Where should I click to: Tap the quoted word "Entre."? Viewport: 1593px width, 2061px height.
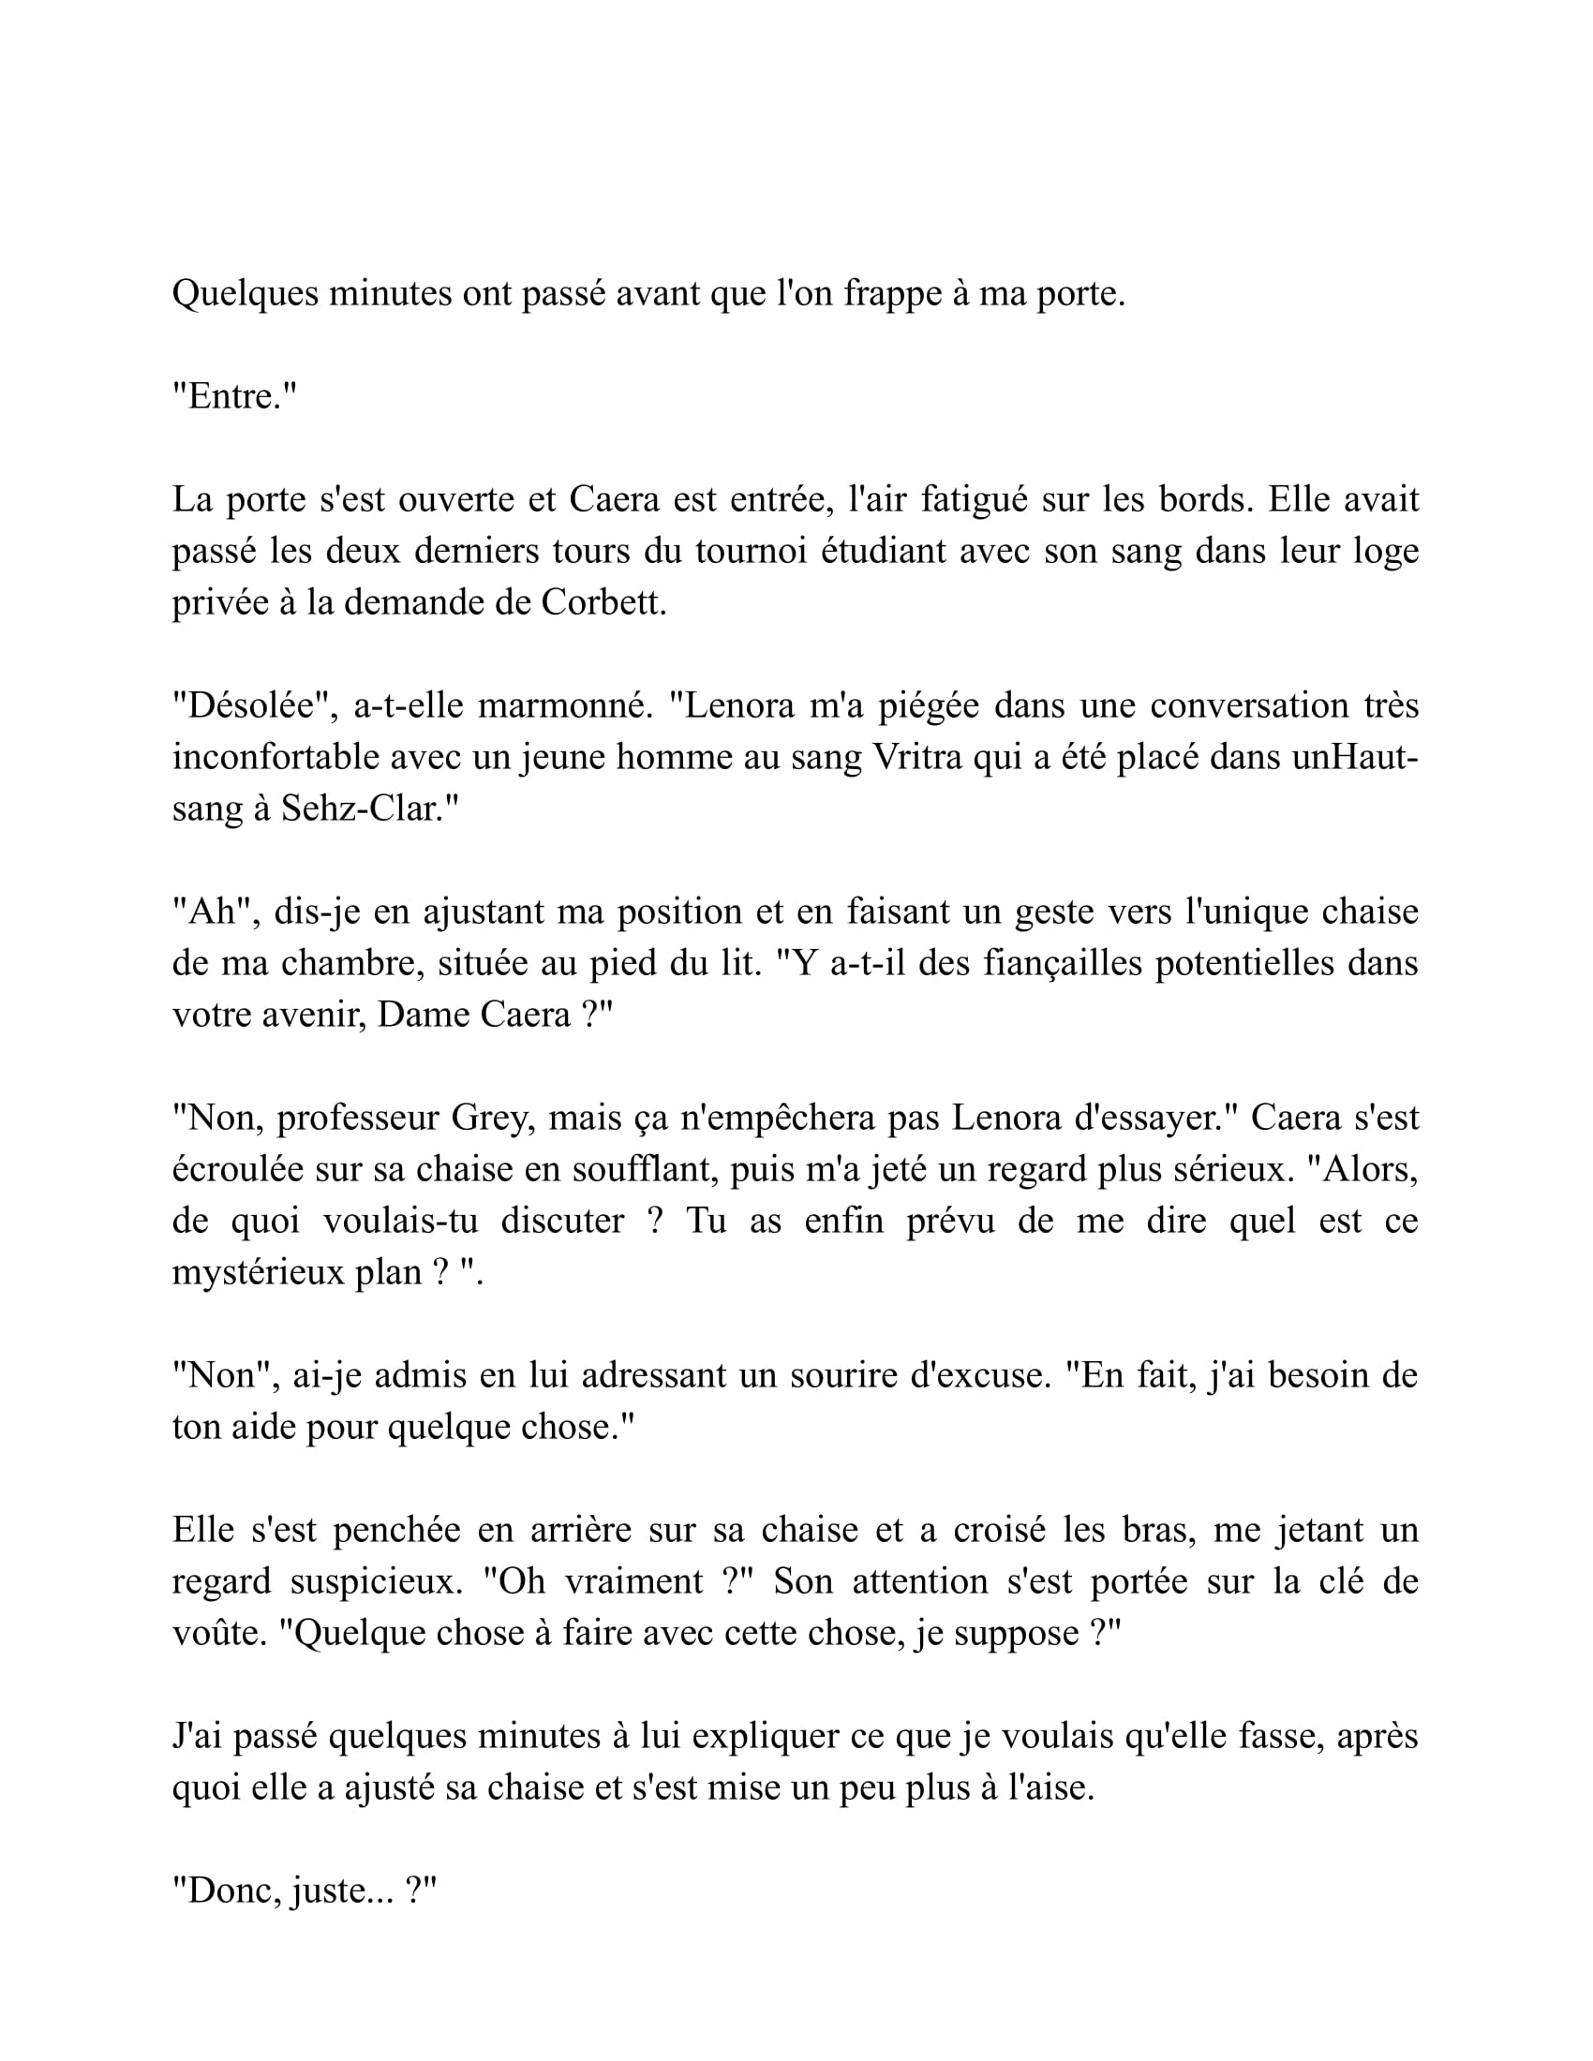(234, 397)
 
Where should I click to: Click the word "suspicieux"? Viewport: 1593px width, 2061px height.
(376, 1581)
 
